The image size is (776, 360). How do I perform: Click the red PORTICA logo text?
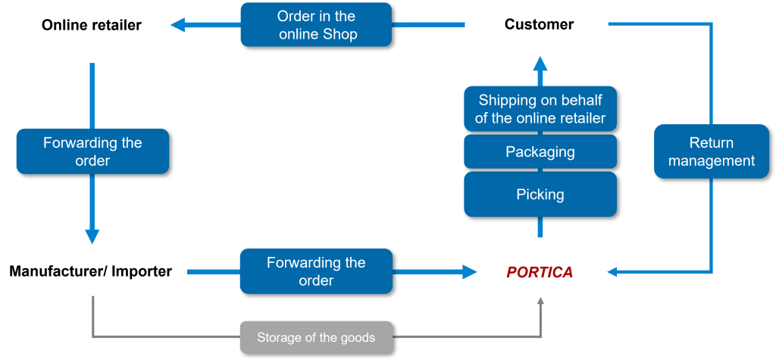540,272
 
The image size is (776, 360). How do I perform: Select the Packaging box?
540,152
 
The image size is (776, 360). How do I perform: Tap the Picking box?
540,194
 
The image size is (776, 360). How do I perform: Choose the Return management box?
711,152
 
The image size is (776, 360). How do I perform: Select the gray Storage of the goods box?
316,337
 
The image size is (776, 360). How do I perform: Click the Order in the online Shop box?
316,25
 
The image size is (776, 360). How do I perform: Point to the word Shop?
339,34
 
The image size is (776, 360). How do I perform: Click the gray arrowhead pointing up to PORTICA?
540,301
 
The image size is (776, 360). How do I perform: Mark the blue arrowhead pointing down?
92,236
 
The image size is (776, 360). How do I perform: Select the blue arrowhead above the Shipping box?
540,64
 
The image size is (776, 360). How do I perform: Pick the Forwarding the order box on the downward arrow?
92,152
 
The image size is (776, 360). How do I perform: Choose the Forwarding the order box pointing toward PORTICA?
316,271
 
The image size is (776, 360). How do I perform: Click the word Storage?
278,337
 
